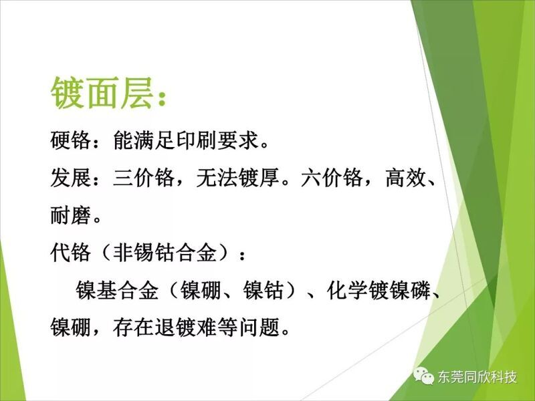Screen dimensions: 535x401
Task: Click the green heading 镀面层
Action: pyautogui.click(x=102, y=93)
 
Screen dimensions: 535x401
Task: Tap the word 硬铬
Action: pyautogui.click(x=71, y=140)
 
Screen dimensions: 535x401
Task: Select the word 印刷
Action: pyautogui.click(x=197, y=140)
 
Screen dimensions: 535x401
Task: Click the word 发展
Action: pyautogui.click(x=71, y=178)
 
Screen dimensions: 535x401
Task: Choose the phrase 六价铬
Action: pyautogui.click(x=332, y=178)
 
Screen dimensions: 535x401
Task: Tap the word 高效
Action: pyautogui.click(x=406, y=178)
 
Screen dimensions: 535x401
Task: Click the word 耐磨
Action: pyautogui.click(x=71, y=215)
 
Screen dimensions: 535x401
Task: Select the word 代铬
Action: pyautogui.click(x=71, y=253)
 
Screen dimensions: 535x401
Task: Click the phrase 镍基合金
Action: pyautogui.click(x=117, y=291)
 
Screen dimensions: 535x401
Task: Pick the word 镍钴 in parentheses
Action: pyautogui.click(x=263, y=291)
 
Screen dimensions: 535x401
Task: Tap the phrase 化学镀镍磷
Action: pyautogui.click(x=379, y=291)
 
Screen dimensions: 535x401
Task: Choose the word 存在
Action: pyautogui.click(x=133, y=327)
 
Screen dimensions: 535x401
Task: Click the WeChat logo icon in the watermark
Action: pyautogui.click(x=424, y=376)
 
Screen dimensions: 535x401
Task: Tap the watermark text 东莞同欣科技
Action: pyautogui.click(x=477, y=377)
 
